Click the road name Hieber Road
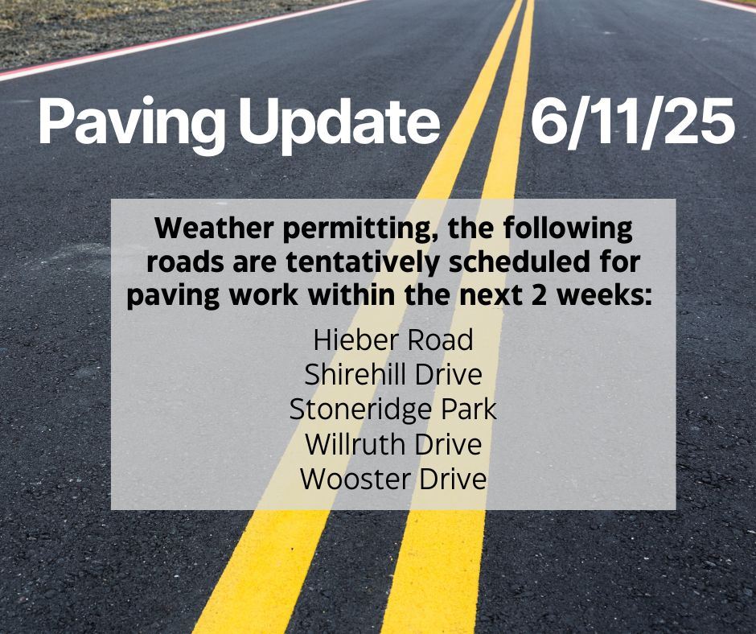393,340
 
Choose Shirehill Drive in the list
393,374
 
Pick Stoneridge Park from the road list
393,410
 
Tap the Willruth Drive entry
393,444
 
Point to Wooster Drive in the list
393,480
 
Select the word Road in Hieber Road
438,340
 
